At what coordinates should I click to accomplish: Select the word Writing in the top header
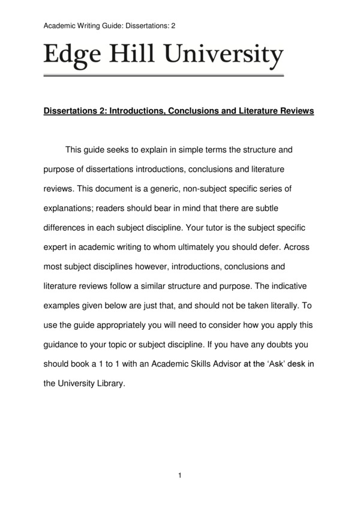pyautogui.click(x=91, y=26)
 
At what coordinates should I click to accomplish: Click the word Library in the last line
pyautogui.click(x=109, y=383)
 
